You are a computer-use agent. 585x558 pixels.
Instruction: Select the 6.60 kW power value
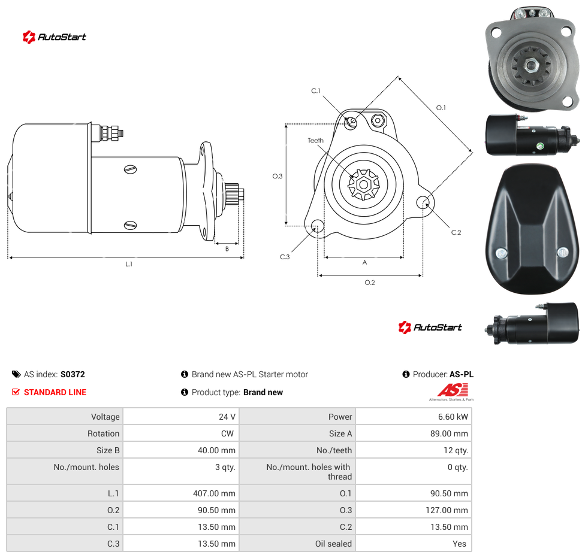point(453,417)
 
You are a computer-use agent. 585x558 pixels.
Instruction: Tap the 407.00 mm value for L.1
point(214,493)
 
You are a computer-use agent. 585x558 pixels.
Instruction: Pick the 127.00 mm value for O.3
point(447,510)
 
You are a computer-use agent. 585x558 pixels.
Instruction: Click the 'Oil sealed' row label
point(333,544)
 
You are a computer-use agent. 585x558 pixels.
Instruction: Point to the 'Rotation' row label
point(103,433)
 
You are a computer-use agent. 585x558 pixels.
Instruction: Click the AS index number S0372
point(73,374)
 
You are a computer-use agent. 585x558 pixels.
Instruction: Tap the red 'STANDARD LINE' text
point(55,392)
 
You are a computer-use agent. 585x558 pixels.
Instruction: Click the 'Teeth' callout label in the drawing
point(316,141)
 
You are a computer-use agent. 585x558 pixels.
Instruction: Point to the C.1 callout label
point(316,90)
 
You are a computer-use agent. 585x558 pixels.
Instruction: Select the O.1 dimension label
point(441,108)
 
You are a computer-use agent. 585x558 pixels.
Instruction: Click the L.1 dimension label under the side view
point(129,264)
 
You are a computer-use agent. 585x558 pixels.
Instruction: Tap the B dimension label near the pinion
point(227,249)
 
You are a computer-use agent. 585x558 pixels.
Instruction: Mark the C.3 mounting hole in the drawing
point(318,226)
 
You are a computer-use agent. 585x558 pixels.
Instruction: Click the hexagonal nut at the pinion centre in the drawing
point(363,184)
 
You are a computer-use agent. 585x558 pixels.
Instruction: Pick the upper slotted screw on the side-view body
point(130,169)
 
